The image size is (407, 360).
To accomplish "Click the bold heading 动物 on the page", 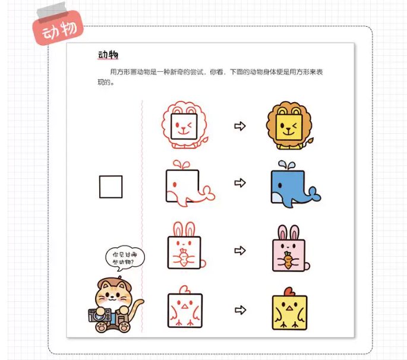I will [109, 56].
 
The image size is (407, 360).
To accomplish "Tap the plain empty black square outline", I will [111, 187].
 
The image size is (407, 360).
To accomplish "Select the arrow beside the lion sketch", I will [240, 126].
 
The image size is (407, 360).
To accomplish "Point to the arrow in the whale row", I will [240, 183].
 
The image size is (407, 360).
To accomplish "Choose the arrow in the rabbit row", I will [240, 250].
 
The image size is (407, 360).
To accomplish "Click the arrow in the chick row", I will [240, 310].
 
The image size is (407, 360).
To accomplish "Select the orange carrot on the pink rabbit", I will [288, 260].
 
